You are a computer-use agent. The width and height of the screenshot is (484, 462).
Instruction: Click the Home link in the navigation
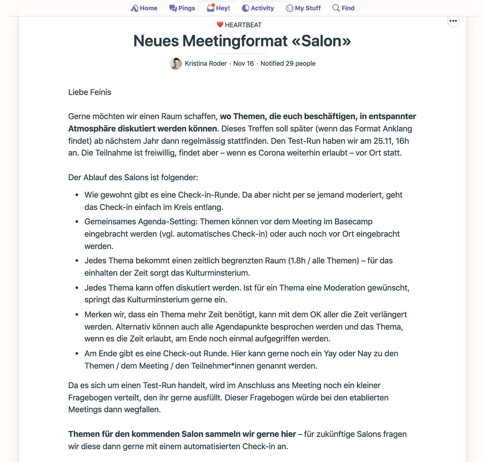(144, 8)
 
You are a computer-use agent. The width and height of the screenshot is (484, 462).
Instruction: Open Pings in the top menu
(182, 8)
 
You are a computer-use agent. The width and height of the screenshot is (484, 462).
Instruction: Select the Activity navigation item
(258, 8)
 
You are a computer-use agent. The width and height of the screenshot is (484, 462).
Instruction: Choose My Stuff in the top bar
(303, 8)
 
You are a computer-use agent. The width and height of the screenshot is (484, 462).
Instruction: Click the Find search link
(343, 8)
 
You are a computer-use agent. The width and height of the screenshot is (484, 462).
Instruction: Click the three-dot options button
(453, 21)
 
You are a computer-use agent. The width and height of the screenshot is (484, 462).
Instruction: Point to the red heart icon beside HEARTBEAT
(220, 25)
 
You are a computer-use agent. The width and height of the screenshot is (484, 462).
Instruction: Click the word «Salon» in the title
(321, 41)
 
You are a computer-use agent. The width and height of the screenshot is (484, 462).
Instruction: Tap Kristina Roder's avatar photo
(176, 63)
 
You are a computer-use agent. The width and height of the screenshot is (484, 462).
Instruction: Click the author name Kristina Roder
(206, 63)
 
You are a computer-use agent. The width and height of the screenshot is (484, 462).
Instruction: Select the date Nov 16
(244, 63)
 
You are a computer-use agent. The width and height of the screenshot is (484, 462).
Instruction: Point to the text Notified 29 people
(288, 63)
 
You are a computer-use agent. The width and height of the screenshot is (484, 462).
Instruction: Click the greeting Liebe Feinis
(90, 92)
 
